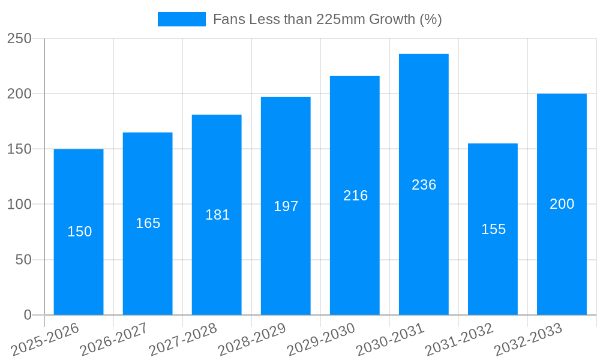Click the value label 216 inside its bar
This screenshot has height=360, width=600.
click(x=355, y=196)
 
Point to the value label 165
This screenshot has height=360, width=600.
click(x=148, y=223)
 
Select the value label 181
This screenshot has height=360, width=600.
click(x=217, y=215)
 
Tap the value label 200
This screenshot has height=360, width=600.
click(x=562, y=204)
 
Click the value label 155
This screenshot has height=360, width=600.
click(x=493, y=229)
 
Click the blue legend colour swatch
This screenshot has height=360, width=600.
click(x=181, y=19)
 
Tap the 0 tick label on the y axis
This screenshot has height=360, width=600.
click(x=28, y=315)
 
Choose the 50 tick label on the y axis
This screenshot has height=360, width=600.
click(x=23, y=260)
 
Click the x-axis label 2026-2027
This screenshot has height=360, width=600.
click(x=114, y=340)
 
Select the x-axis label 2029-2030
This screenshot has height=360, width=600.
click(x=321, y=340)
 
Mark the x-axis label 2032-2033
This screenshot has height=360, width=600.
click(x=528, y=340)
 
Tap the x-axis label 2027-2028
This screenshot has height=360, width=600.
click(x=183, y=340)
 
